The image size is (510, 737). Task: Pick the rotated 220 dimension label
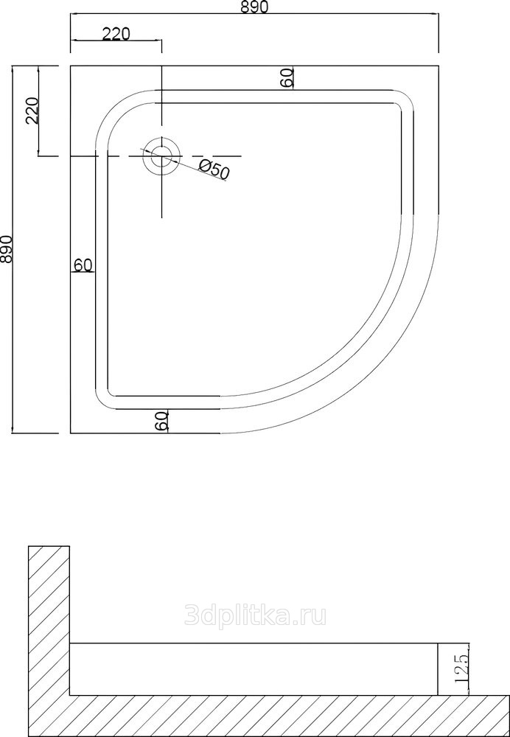pyautogui.click(x=32, y=111)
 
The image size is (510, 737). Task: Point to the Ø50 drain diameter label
pyautogui.click(x=214, y=170)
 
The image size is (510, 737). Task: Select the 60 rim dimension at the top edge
pyautogui.click(x=287, y=77)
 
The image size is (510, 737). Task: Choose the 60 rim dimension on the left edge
pyautogui.click(x=83, y=265)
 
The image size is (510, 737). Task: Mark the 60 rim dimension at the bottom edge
pyautogui.click(x=161, y=420)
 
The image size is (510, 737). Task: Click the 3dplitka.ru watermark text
pyautogui.click(x=255, y=615)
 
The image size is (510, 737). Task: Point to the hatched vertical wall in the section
pyautogui.click(x=49, y=621)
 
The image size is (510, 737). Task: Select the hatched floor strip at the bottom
pyautogui.click(x=269, y=716)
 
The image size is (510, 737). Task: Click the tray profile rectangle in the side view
pyautogui.click(x=254, y=669)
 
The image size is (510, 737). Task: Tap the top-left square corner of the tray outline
pyautogui.click(x=71, y=66)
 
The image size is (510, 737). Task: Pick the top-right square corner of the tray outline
pyautogui.click(x=438, y=66)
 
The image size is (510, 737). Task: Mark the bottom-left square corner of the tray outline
pyautogui.click(x=71, y=433)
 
